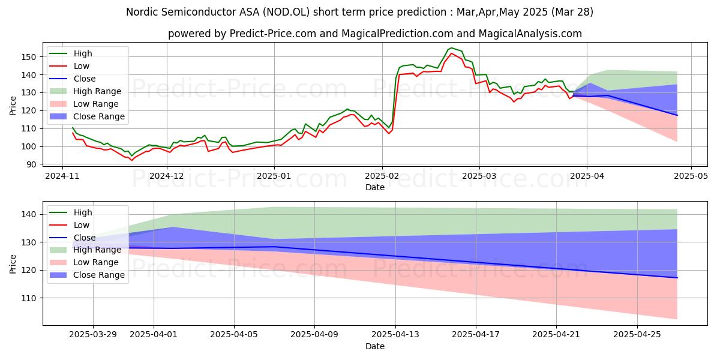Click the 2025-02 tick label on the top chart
pyautogui.click(x=382, y=176)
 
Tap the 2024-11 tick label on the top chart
pyautogui.click(x=62, y=176)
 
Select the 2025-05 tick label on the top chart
pyautogui.click(x=691, y=176)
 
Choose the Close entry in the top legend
pyautogui.click(x=85, y=79)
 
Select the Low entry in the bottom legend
pyautogui.click(x=81, y=225)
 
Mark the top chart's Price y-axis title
pyautogui.click(x=13, y=106)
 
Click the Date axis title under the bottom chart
pyautogui.click(x=375, y=346)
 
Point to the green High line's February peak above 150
pyautogui.click(x=451, y=48)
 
